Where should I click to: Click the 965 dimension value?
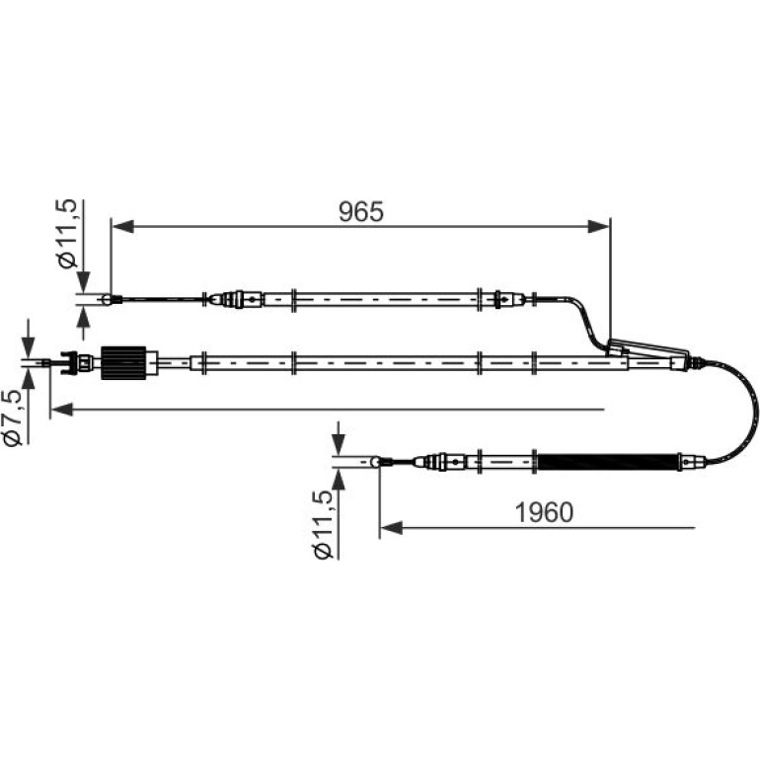361,212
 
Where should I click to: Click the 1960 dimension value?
544,512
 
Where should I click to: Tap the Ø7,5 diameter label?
13,418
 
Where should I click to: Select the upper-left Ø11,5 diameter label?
67,233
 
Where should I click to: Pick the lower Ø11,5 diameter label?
324,524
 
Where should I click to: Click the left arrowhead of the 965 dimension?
123,226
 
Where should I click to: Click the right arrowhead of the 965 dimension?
598,226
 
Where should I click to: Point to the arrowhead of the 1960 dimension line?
391,528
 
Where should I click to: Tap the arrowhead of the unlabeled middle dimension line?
61,410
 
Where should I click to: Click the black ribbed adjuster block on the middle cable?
123,362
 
